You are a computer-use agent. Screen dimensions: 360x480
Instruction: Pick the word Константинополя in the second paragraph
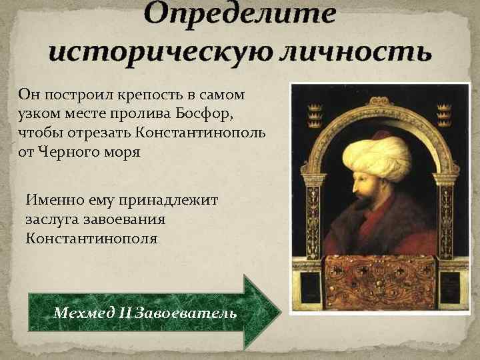pos(92,237)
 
